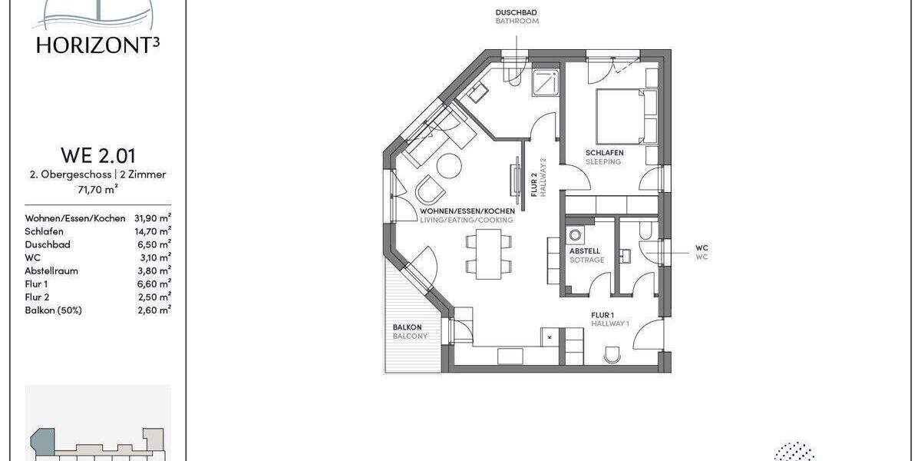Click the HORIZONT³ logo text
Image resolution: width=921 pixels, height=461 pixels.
pyautogui.click(x=98, y=45)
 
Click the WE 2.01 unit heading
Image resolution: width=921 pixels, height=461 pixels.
pyautogui.click(x=98, y=156)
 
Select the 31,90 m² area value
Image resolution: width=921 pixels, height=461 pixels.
pyautogui.click(x=153, y=218)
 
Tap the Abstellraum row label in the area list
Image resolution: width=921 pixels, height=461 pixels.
pyautogui.click(x=51, y=270)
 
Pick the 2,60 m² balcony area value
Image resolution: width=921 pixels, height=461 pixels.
pyautogui.click(x=153, y=310)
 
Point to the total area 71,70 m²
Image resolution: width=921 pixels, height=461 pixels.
pyautogui.click(x=98, y=187)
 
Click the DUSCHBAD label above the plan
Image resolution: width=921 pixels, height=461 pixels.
pyautogui.click(x=517, y=12)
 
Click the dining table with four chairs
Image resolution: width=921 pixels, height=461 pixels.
pyautogui.click(x=488, y=254)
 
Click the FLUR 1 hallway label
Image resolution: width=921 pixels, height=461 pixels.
pyautogui.click(x=602, y=315)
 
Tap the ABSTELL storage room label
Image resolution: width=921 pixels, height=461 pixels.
pyautogui.click(x=585, y=251)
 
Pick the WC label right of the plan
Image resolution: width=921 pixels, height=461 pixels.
pyautogui.click(x=701, y=248)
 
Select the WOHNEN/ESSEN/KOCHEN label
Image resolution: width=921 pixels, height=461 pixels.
pyautogui.click(x=467, y=211)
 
